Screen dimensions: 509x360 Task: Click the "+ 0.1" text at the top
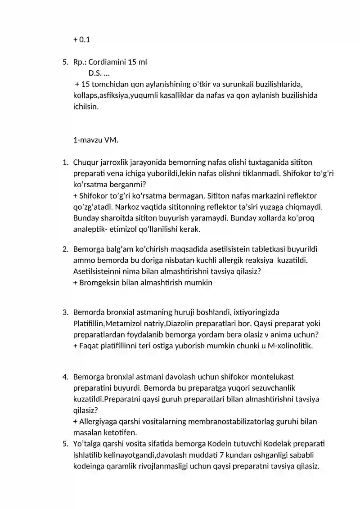[x=81, y=40]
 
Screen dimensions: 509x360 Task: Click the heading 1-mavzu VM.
[x=95, y=140]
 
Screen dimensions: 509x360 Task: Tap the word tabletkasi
[x=254, y=249]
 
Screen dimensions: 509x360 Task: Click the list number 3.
[x=65, y=312]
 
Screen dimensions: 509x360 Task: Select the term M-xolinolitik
[x=290, y=346]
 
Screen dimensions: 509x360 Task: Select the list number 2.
[x=65, y=249]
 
